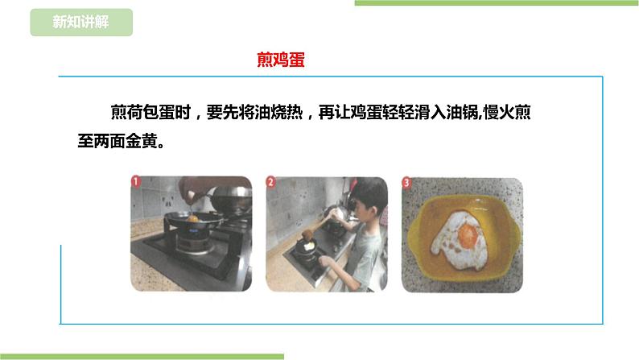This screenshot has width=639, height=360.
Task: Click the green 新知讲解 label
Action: click(81, 22)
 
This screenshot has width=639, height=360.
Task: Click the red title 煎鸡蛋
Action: click(281, 60)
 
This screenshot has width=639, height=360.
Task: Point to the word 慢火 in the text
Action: click(499, 112)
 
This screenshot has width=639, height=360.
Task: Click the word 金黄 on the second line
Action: click(142, 141)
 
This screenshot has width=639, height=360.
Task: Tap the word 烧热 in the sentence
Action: click(287, 112)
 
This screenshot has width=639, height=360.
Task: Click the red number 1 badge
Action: click(136, 181)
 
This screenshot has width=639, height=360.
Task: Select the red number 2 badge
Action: click(270, 181)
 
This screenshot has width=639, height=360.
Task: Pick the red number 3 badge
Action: click(406, 182)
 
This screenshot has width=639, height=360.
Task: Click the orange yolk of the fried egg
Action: click(468, 235)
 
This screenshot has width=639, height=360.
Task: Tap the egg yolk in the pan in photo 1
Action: click(192, 219)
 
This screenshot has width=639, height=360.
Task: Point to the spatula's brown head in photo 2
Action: click(307, 234)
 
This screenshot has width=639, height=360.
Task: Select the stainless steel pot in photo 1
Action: click(231, 199)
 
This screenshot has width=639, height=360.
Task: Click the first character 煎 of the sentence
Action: click(119, 112)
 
